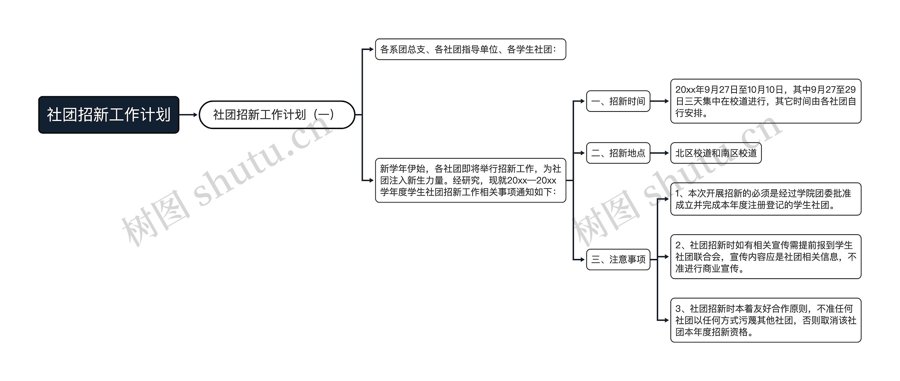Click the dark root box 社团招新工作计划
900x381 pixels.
[109, 115]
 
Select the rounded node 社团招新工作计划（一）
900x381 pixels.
[277, 115]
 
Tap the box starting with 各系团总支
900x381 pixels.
[470, 49]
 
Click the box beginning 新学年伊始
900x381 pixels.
[470, 180]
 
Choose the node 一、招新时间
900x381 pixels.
[618, 101]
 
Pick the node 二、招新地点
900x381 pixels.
[618, 153]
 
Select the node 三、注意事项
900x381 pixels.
[618, 260]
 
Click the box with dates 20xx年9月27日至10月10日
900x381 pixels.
[766, 101]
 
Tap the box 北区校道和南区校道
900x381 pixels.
[716, 153]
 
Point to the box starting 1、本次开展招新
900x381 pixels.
[766, 199]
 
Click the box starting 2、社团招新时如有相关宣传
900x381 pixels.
[766, 257]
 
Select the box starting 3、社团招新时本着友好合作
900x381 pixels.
[766, 320]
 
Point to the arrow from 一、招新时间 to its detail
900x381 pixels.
[660, 101]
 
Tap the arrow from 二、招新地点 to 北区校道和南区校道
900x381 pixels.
[660, 153]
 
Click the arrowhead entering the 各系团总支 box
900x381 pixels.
[371, 49]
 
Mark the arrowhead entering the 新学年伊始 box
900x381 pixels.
[371, 180]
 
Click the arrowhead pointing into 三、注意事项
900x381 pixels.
[582, 260]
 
